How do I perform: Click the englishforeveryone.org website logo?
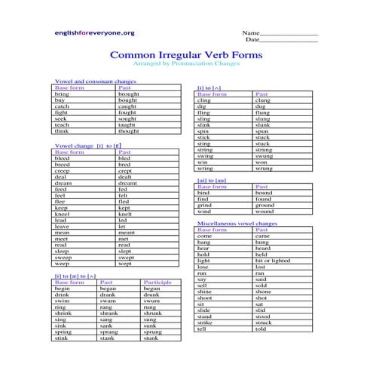94,32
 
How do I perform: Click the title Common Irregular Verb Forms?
186,55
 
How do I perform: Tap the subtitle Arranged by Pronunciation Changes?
186,65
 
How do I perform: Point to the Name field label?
251,34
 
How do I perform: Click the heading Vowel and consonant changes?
96,81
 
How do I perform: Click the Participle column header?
157,282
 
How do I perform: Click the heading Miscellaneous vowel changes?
237,224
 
